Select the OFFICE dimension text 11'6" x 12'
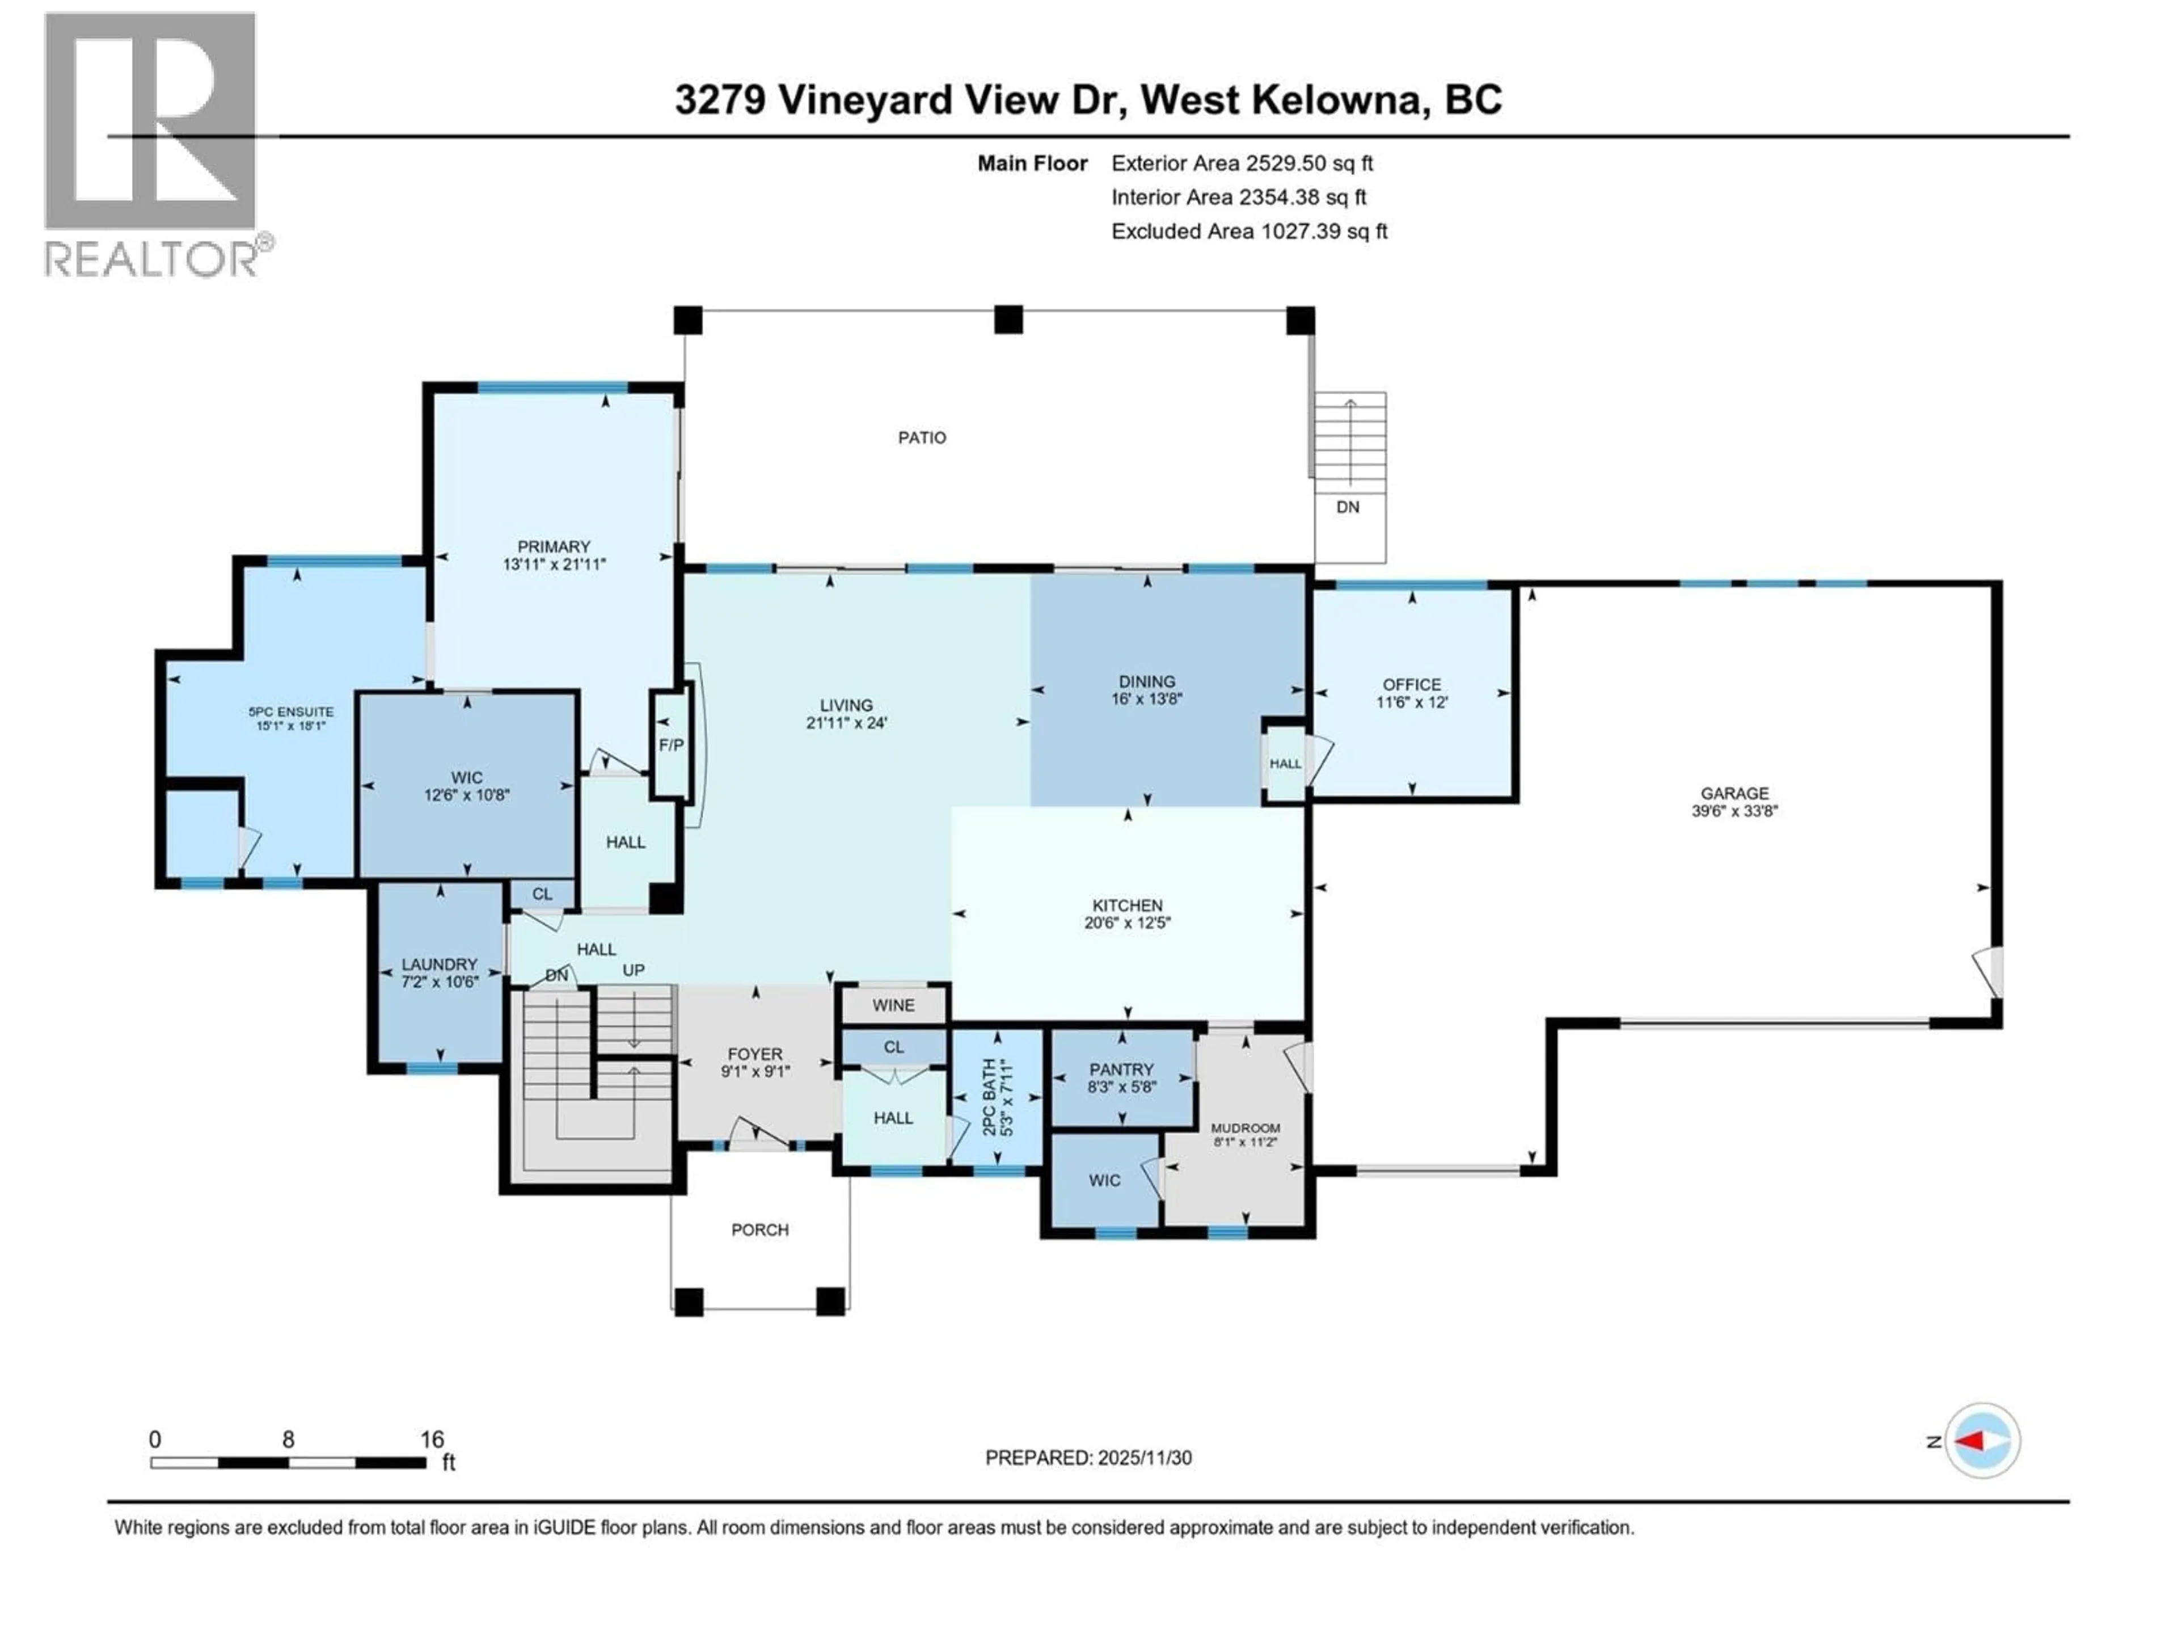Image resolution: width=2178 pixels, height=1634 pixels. click(1412, 702)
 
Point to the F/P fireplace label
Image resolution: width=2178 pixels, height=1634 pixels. click(670, 744)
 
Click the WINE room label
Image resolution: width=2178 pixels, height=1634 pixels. click(893, 1005)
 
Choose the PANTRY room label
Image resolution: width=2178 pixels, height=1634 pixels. click(1121, 1069)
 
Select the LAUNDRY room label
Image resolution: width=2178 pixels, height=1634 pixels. click(439, 965)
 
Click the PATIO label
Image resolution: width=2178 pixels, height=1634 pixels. click(922, 437)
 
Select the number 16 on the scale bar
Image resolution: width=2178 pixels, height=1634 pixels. click(431, 1439)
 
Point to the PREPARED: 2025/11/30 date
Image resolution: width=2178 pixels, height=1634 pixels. click(1088, 1458)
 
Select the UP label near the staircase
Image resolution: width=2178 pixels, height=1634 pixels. click(633, 970)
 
